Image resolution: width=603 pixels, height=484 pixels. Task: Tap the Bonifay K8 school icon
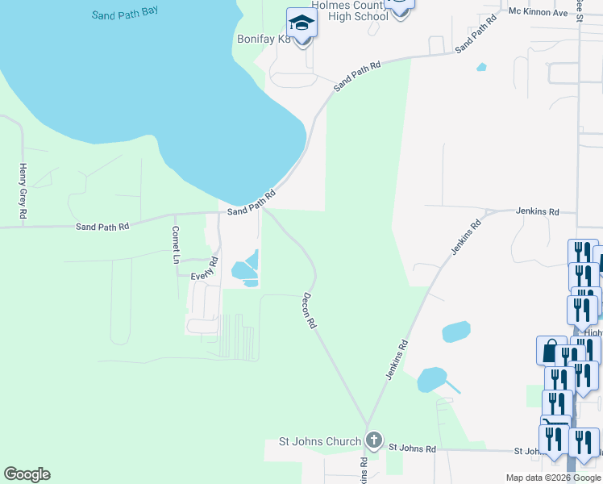pos(301,23)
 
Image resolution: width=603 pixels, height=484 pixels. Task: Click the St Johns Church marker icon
pos(372,440)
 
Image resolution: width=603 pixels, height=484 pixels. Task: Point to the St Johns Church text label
pos(320,441)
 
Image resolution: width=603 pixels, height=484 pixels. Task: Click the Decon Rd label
pos(309,311)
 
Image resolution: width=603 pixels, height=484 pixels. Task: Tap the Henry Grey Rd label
pos(23,192)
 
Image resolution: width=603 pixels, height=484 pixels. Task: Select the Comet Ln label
pos(175,244)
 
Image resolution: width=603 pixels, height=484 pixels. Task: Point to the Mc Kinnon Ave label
pos(539,12)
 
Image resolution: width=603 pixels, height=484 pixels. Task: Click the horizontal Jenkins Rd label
pos(538,211)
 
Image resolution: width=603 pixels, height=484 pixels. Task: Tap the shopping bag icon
pos(551,351)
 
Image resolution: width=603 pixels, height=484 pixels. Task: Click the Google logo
pos(27,474)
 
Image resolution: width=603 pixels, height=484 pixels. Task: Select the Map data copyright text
pos(553,478)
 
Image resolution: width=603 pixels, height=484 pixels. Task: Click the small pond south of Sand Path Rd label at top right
pos(481,67)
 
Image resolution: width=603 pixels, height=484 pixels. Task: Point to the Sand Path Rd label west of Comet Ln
pos(102,227)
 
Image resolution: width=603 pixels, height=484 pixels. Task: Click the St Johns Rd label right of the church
pos(412,448)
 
